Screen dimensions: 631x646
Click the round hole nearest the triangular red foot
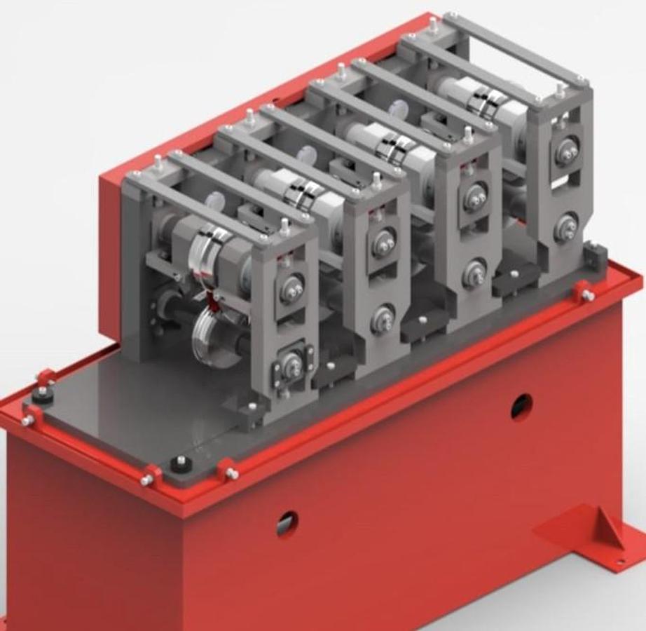pyautogui.click(x=521, y=406)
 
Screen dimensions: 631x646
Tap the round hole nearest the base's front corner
pyautogui.click(x=287, y=522)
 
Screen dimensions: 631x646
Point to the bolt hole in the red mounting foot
pyautogui.click(x=619, y=561)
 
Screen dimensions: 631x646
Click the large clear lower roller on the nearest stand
pyautogui.click(x=214, y=337)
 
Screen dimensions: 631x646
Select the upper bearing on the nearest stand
pyautogui.click(x=291, y=288)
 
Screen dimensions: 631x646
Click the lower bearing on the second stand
pyautogui.click(x=383, y=319)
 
